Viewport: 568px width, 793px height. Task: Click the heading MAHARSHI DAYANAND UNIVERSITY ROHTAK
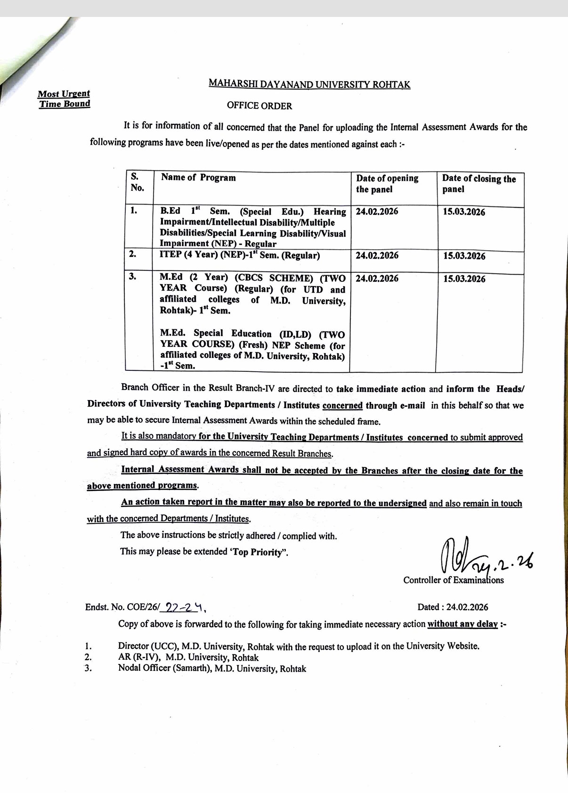(309, 84)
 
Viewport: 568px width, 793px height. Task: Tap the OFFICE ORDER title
(259, 106)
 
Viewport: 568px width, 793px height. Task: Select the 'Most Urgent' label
(64, 94)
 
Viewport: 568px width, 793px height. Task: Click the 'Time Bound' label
(65, 104)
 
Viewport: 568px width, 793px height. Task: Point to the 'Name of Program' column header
(198, 178)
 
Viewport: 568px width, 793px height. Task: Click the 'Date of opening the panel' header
(387, 184)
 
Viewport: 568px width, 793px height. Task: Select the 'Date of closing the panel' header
(479, 184)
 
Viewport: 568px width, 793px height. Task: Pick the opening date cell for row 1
(377, 212)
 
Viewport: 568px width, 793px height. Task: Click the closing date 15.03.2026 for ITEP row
(464, 256)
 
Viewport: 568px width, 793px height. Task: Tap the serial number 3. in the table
(133, 277)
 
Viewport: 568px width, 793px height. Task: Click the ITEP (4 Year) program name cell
(240, 256)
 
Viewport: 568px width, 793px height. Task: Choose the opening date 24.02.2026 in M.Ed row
(377, 278)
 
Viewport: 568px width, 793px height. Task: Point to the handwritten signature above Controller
(471, 556)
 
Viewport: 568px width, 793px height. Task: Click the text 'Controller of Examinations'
(453, 580)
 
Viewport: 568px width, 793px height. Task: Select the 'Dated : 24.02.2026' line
(452, 607)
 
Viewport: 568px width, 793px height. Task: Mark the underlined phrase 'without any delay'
(462, 624)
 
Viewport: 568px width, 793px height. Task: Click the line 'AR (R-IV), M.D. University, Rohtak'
(188, 657)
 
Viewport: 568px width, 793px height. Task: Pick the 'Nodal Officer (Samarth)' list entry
(212, 669)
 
